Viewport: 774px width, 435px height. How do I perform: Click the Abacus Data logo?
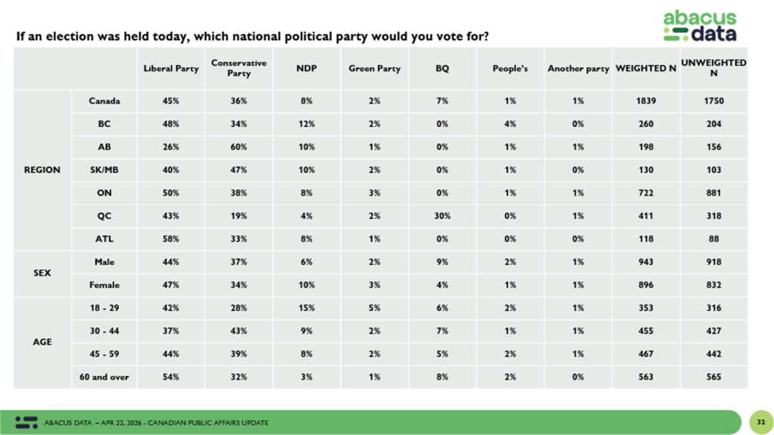coord(698,26)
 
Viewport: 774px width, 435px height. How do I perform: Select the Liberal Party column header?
coord(171,69)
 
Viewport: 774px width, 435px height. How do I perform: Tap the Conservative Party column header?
coord(239,69)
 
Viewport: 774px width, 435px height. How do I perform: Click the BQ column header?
coord(442,69)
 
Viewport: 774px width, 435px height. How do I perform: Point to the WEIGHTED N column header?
coord(646,69)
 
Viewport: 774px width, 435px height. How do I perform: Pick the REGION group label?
coord(42,170)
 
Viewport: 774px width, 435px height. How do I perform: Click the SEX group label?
coord(42,273)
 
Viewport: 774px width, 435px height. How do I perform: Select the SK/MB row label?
coord(104,170)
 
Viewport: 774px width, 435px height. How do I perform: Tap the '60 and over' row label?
coord(104,377)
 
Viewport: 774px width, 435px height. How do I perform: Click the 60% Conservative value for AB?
coord(239,147)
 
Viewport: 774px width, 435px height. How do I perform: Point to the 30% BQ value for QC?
coord(442,216)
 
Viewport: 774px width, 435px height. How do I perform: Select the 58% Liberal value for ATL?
coord(171,239)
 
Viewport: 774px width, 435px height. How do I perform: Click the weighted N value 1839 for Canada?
coord(646,101)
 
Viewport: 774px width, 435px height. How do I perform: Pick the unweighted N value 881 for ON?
coord(714,193)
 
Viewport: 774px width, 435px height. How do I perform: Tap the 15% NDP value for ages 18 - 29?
coord(306,308)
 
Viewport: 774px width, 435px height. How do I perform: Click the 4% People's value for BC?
coord(510,124)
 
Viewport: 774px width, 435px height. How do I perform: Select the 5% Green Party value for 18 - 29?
coord(374,308)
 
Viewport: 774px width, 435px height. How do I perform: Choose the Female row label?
coord(104,285)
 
